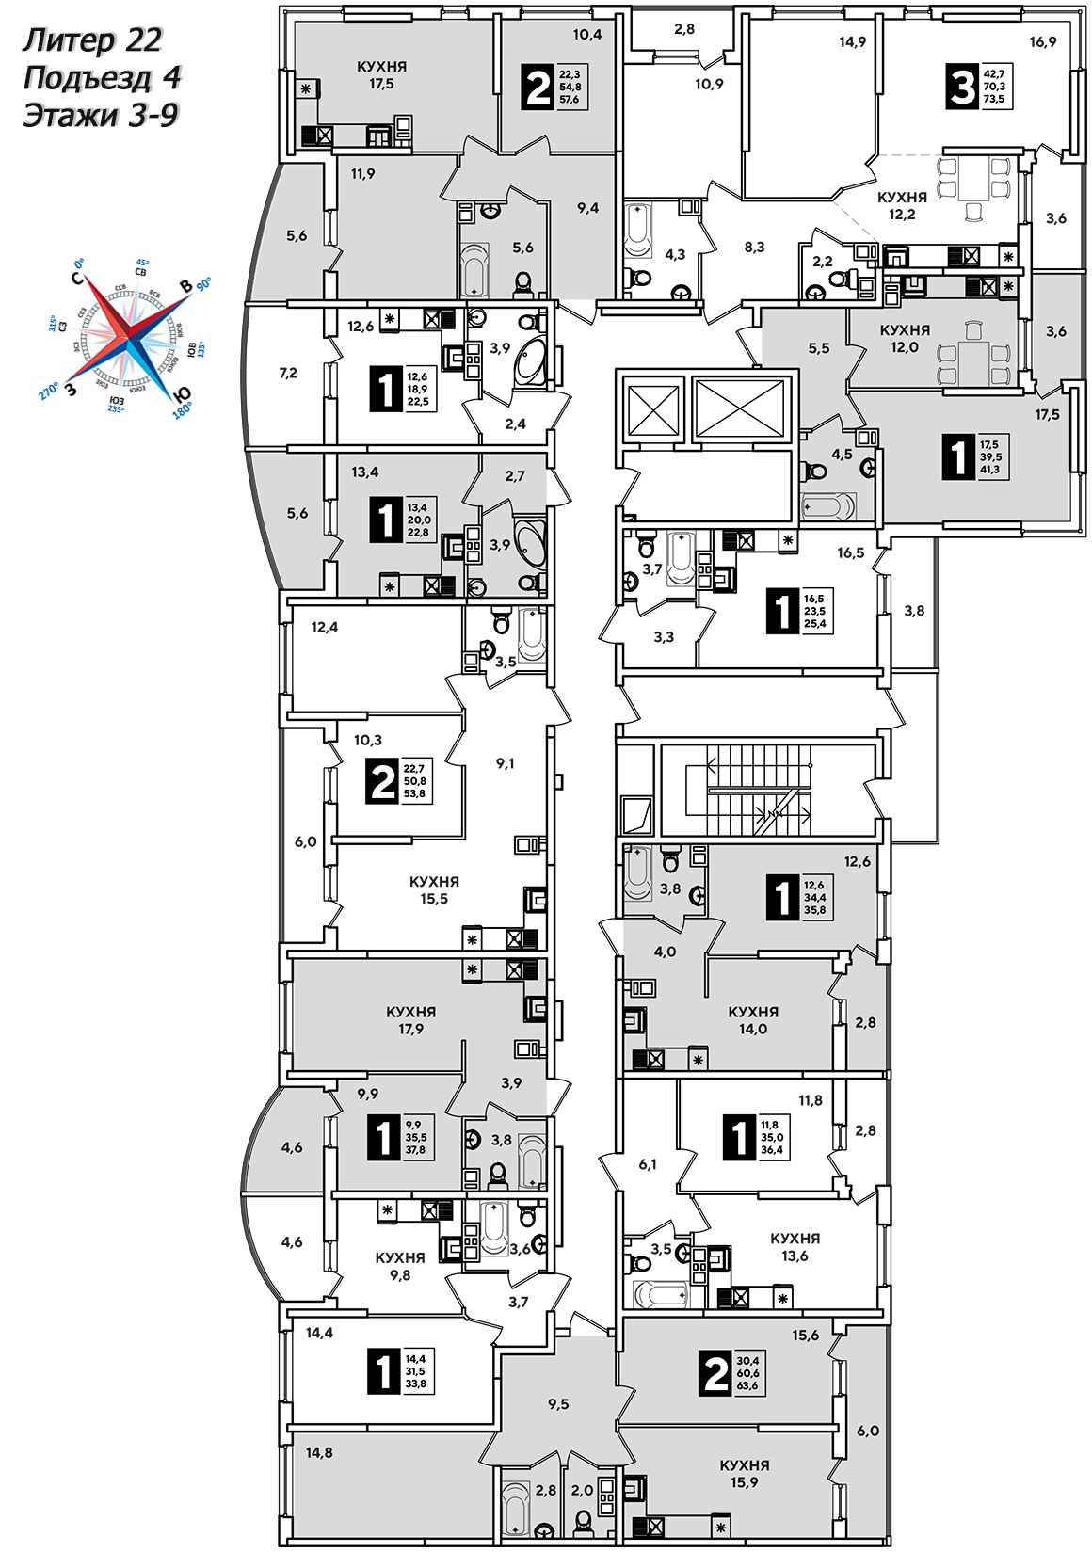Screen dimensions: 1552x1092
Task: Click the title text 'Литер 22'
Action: [x=92, y=40]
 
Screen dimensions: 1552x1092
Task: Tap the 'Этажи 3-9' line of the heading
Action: [x=100, y=116]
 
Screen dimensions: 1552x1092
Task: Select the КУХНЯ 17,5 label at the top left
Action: [x=381, y=75]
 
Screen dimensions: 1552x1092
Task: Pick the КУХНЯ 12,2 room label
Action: [x=902, y=205]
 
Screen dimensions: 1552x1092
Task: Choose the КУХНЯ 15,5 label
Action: [x=434, y=889]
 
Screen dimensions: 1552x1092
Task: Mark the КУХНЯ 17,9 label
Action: [x=411, y=1020]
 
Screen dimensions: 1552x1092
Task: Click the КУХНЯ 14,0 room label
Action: [x=753, y=1020]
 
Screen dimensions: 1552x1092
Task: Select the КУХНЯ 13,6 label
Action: [x=795, y=1247]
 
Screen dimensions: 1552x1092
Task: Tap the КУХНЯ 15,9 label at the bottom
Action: [x=744, y=1474]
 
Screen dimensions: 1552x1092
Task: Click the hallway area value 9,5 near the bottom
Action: [x=558, y=1404]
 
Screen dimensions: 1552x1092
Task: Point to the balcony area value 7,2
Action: [x=288, y=373]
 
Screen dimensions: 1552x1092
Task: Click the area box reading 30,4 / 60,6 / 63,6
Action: [x=747, y=1373]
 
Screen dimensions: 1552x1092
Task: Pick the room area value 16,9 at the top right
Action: [x=1042, y=42]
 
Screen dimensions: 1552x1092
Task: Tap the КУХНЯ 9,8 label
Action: [x=400, y=1266]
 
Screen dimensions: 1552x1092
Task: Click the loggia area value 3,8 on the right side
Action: [x=914, y=611]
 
